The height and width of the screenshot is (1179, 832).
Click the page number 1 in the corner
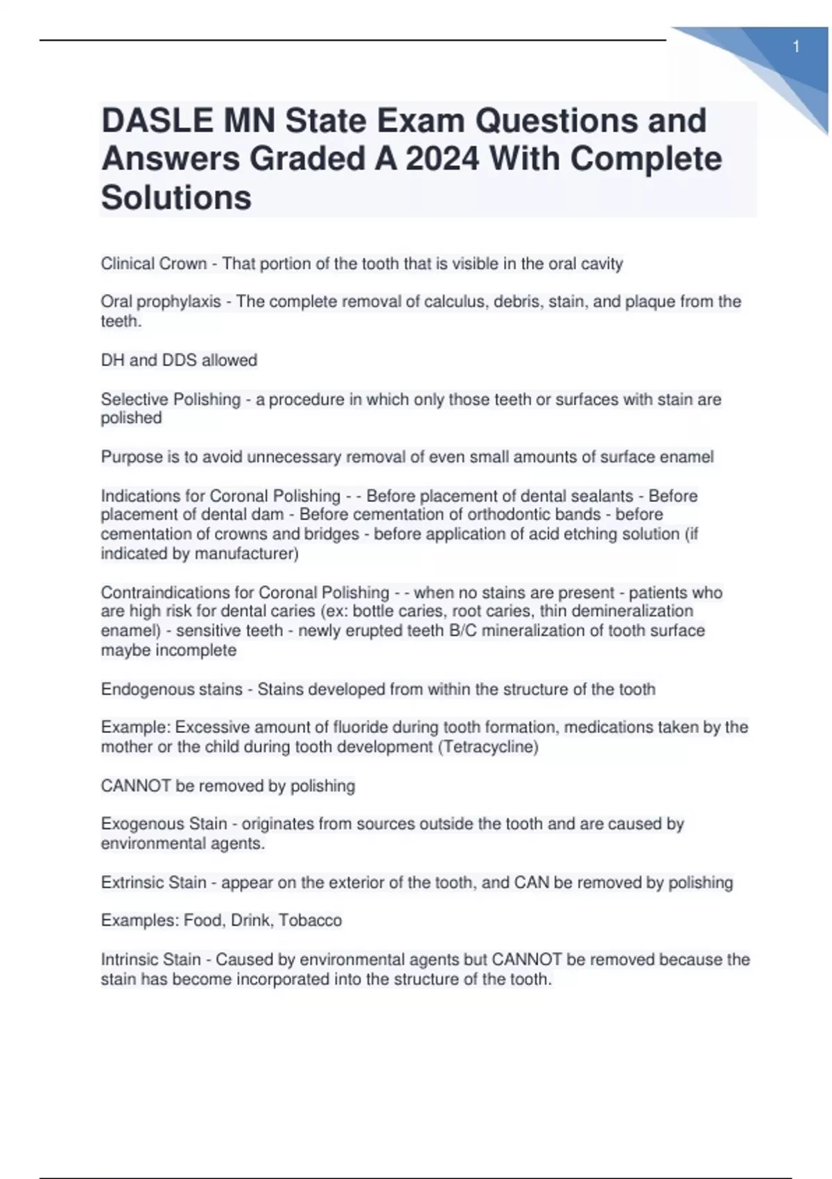click(x=796, y=47)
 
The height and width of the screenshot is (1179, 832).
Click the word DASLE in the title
click(x=157, y=121)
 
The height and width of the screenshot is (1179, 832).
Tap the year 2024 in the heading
click(x=442, y=159)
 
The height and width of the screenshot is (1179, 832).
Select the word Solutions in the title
click(x=176, y=198)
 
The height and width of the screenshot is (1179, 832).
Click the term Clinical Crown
click(x=153, y=264)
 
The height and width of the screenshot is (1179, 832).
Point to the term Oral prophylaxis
click(x=161, y=302)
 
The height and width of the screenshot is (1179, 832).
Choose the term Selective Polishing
click(x=171, y=399)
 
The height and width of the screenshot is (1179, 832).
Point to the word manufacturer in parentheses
click(x=245, y=553)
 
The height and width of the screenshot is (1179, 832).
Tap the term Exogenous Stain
click(x=164, y=824)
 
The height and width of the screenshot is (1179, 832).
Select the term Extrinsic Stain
click(x=153, y=882)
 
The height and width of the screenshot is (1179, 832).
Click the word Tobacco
click(x=310, y=920)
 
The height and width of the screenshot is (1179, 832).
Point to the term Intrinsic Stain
click(x=150, y=959)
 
